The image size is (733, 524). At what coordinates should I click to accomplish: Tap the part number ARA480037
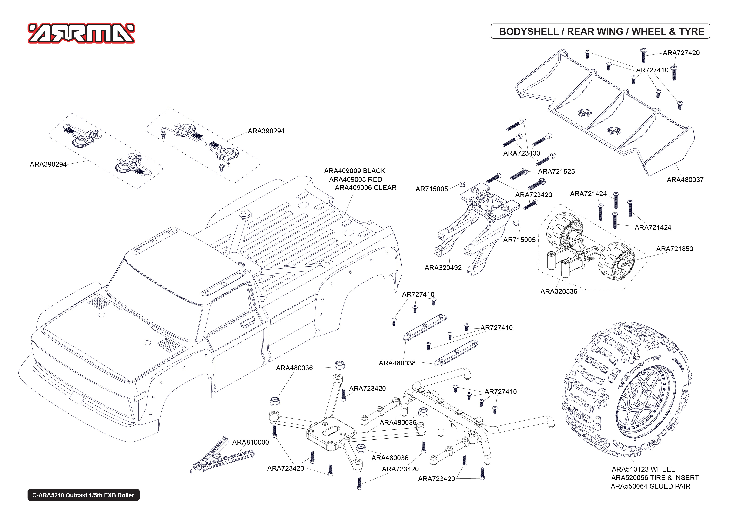[685, 180]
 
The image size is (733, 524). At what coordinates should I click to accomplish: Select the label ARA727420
[681, 53]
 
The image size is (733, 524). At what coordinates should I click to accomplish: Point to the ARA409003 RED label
[355, 179]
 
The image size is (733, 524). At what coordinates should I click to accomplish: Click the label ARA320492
[443, 267]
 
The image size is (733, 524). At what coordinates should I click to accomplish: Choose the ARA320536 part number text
[559, 291]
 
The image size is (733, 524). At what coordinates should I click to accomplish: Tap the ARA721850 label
[674, 249]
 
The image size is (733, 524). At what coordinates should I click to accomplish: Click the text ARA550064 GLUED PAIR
[650, 486]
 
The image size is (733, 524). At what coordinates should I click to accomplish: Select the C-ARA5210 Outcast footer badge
[83, 495]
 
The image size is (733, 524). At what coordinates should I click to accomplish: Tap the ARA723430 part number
[521, 153]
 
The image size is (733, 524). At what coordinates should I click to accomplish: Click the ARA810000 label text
[251, 442]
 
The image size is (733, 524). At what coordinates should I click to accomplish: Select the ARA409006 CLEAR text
[365, 188]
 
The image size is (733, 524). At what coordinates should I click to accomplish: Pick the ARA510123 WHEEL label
[643, 469]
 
